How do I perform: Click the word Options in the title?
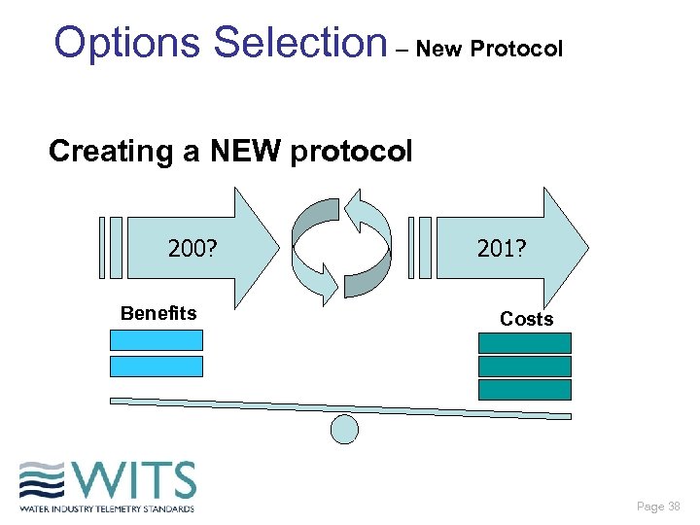point(129,44)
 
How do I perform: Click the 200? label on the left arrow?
point(192,250)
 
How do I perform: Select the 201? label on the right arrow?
point(502,250)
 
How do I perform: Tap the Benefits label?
point(158,313)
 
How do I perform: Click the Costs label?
point(526,319)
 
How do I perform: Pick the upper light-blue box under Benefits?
point(157,340)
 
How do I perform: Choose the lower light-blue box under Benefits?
point(157,367)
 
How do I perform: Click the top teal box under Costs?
point(525,343)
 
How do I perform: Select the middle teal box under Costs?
point(525,367)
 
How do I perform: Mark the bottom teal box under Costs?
point(525,390)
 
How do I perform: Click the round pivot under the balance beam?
point(345,429)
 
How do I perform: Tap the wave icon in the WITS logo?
point(42,481)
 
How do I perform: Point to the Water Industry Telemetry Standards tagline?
point(107,508)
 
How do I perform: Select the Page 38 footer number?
point(658,507)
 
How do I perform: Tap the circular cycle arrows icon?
point(341,247)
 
